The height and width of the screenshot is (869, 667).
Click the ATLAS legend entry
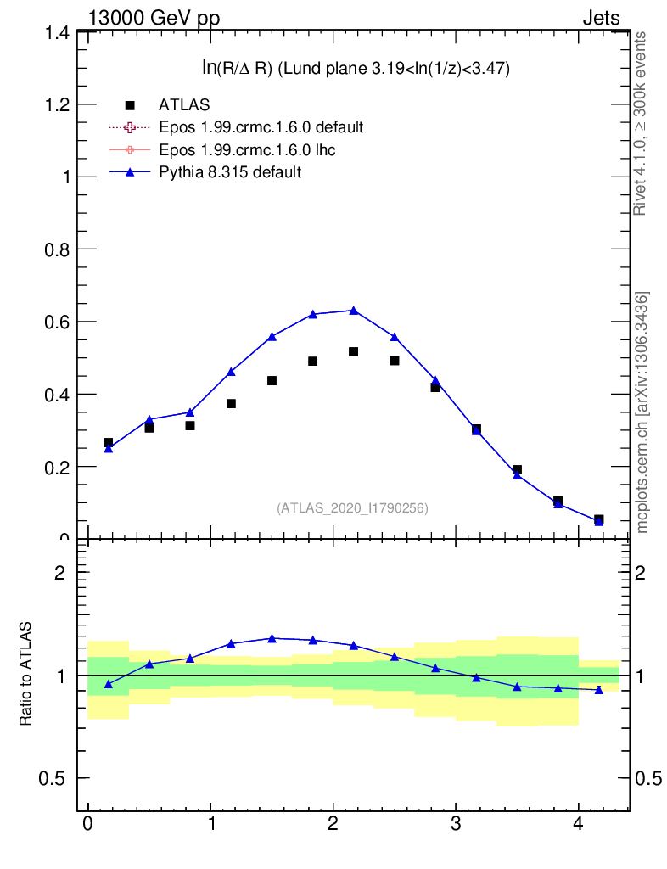184,104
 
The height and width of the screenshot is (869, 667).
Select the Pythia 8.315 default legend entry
230,172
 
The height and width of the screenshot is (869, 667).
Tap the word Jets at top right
601,18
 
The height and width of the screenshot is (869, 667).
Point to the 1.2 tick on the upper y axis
57,104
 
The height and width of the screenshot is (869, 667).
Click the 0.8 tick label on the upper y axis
57,249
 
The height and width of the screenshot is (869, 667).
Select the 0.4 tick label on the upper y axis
57,395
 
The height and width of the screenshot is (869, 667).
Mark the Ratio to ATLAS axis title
25,674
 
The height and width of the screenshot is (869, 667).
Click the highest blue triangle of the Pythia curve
354,311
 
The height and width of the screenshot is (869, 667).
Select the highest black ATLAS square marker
354,351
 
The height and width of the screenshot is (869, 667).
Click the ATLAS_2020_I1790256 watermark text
352,508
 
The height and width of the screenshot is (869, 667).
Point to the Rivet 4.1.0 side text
641,123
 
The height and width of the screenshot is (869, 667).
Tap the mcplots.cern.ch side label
642,412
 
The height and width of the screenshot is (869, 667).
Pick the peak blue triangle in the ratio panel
272,638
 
